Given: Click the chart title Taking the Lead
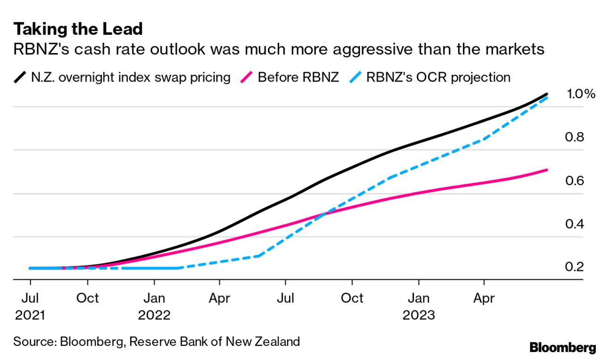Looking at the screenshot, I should tap(78, 29).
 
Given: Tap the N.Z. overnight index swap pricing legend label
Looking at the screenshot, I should tap(130, 77).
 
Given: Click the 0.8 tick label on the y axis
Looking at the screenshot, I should tap(575, 137).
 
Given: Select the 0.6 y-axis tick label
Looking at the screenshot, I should tap(575, 180).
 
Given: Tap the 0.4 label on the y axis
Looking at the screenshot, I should tap(575, 224).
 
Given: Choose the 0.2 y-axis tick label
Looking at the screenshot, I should tap(575, 267).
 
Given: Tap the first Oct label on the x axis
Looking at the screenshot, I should tap(88, 298).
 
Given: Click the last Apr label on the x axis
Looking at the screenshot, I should tap(484, 298).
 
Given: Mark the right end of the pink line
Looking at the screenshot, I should tap(547, 170).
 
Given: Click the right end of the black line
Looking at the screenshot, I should tap(547, 94).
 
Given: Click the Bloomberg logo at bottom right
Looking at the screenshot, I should tap(563, 348).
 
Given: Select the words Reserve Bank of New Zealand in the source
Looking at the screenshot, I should tap(214, 341).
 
